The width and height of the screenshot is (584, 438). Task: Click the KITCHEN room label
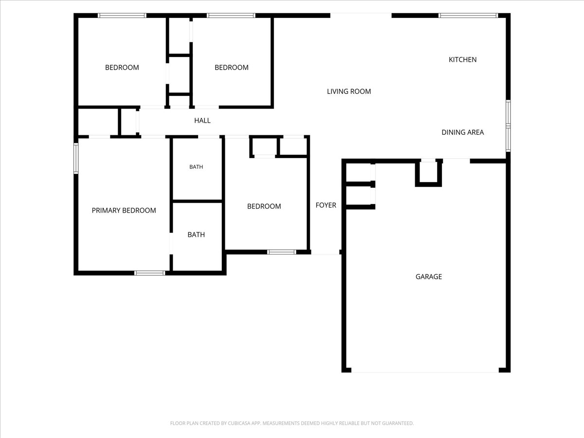click(x=462, y=59)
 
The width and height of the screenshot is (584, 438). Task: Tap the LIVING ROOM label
click(x=349, y=91)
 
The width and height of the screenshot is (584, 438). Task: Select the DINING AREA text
click(x=463, y=132)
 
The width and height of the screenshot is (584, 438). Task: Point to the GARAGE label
click(x=429, y=276)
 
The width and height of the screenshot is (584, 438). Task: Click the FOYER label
click(x=326, y=205)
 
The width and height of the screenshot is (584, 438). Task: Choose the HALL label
click(x=202, y=121)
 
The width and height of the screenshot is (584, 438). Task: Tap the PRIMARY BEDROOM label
click(x=124, y=210)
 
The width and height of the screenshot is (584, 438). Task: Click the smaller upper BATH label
click(x=196, y=167)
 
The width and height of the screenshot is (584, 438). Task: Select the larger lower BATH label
click(x=196, y=235)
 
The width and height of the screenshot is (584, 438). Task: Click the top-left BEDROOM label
click(x=122, y=68)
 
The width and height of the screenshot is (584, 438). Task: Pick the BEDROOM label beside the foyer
click(x=264, y=206)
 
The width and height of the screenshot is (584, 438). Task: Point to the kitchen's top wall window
click(x=468, y=16)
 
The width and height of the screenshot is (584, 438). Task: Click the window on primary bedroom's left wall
click(x=76, y=159)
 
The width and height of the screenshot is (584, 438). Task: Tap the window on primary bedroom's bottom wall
click(x=149, y=273)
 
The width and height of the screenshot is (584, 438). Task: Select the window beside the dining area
click(x=508, y=126)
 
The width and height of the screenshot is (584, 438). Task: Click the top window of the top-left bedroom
click(x=122, y=16)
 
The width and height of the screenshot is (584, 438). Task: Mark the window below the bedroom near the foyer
click(x=281, y=252)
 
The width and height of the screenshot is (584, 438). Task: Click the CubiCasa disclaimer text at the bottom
click(x=292, y=423)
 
